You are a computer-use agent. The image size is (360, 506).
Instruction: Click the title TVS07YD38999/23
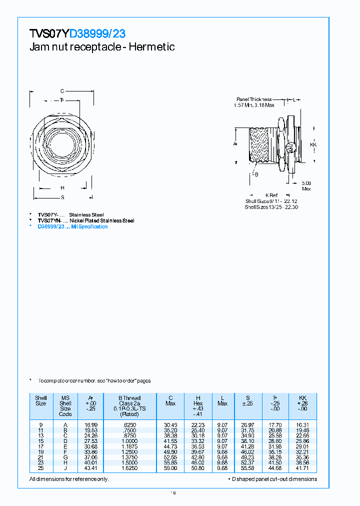(x=77, y=34)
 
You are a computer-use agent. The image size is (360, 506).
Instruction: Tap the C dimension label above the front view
(x=62, y=91)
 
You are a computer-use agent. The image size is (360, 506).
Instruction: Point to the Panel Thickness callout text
(x=253, y=99)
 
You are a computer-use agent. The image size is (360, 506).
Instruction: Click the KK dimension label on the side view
(x=313, y=144)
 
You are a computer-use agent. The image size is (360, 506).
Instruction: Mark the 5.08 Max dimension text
(x=306, y=185)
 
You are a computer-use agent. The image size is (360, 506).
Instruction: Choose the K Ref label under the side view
(x=271, y=195)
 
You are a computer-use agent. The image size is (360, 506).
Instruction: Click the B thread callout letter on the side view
(x=256, y=174)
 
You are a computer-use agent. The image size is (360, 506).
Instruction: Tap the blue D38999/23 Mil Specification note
(x=72, y=226)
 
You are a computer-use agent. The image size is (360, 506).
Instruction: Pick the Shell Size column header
(x=41, y=400)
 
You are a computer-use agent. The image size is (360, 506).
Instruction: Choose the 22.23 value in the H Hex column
(x=198, y=424)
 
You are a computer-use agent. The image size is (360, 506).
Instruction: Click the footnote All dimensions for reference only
(x=69, y=479)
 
